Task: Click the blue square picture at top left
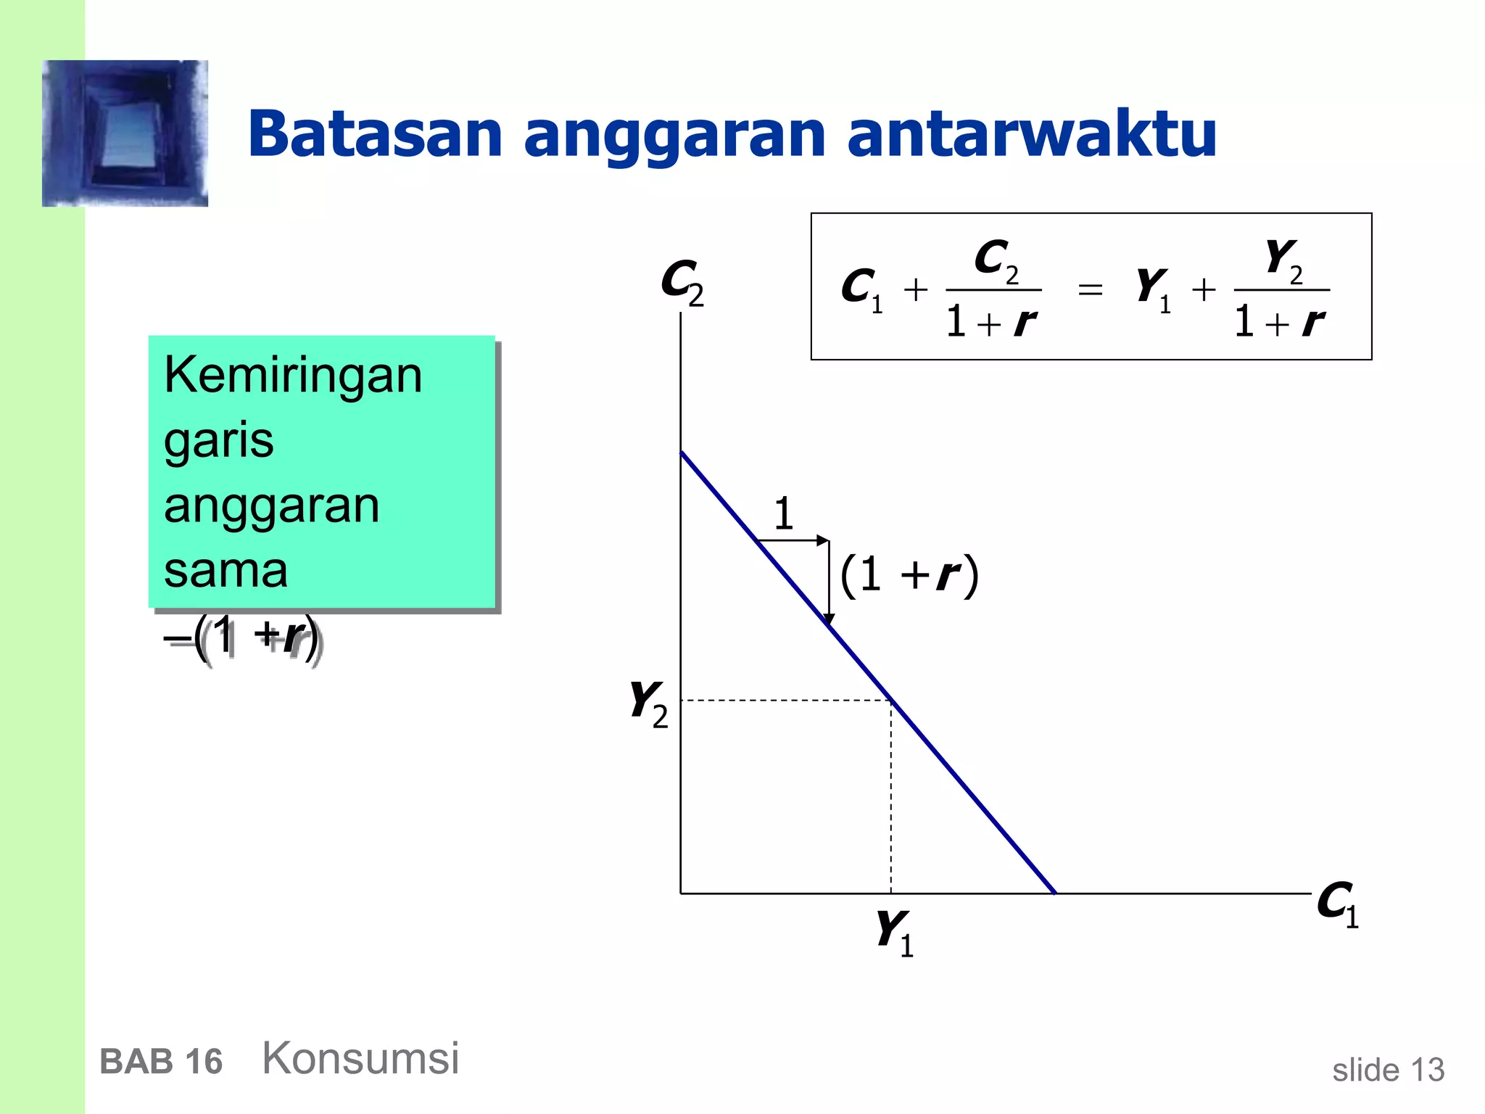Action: point(125,133)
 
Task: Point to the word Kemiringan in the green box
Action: point(293,376)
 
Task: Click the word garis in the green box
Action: point(218,441)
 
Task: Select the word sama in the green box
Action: point(226,571)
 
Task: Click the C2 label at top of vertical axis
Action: point(682,281)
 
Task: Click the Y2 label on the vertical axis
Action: point(648,703)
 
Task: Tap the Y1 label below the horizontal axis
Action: point(894,933)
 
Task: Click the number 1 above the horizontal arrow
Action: point(783,513)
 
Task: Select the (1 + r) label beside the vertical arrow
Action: point(909,576)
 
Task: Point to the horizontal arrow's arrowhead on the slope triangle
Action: point(823,540)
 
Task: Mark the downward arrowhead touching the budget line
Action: point(829,620)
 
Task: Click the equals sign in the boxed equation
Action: point(1090,290)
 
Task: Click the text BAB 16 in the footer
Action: point(161,1062)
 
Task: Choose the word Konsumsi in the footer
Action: point(360,1058)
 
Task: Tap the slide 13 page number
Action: point(1388,1070)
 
